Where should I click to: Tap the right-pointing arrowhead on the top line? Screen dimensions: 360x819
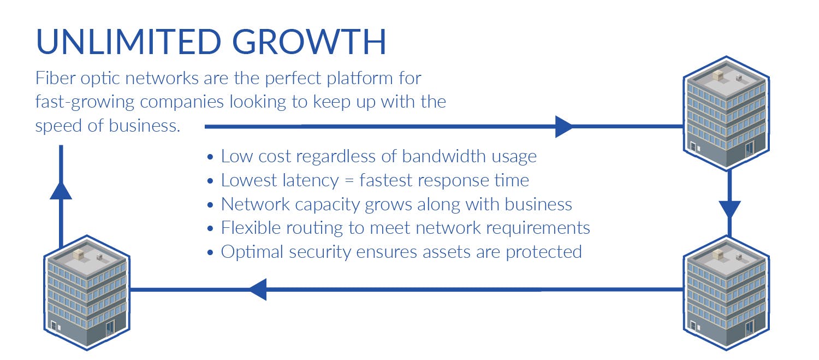pyautogui.click(x=563, y=126)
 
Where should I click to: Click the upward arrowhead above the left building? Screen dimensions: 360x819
pyautogui.click(x=61, y=190)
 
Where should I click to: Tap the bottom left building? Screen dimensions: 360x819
pyautogui.click(x=86, y=292)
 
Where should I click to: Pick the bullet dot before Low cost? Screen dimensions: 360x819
pyautogui.click(x=211, y=157)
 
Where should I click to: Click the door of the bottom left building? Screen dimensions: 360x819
pyautogui.click(x=111, y=327)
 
